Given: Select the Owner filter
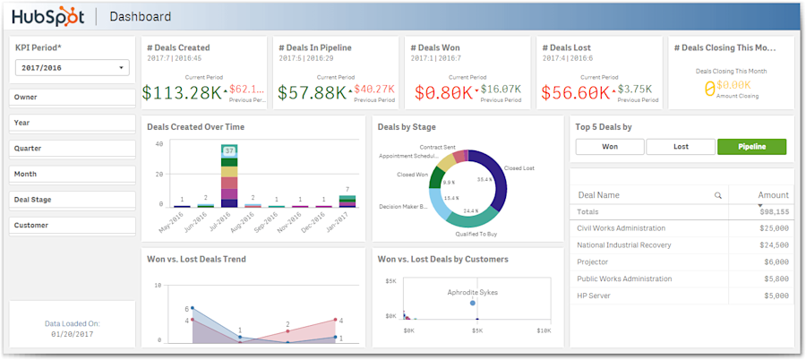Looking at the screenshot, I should pyautogui.click(x=73, y=97).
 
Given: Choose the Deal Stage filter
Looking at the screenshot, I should pyautogui.click(x=73, y=200).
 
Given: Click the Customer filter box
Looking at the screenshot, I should pyautogui.click(x=73, y=226).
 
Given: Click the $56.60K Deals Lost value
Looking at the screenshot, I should pyautogui.click(x=575, y=92).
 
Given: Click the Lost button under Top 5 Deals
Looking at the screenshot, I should pyautogui.click(x=681, y=147).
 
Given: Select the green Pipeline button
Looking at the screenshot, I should pyautogui.click(x=751, y=147).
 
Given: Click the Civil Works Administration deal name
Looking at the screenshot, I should pyautogui.click(x=622, y=228).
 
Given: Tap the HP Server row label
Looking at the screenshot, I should pyautogui.click(x=594, y=296).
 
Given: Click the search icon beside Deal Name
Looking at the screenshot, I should pyautogui.click(x=717, y=195).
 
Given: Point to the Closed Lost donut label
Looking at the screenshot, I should pyautogui.click(x=519, y=167).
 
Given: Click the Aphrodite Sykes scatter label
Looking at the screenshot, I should pyautogui.click(x=473, y=292).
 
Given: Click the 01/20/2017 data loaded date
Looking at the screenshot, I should pyautogui.click(x=73, y=334).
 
